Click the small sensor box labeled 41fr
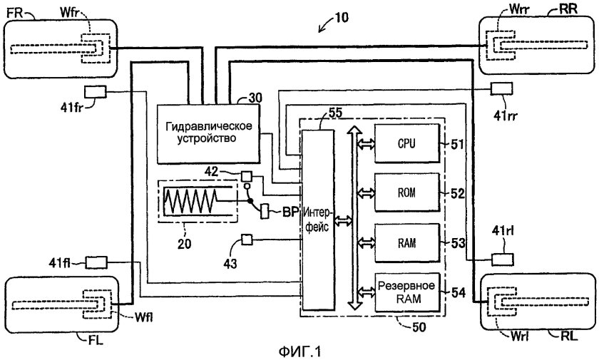point(95,93)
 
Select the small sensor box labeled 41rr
point(501,88)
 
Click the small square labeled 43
point(247,238)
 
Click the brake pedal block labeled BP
point(265,212)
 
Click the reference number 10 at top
point(342,19)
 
